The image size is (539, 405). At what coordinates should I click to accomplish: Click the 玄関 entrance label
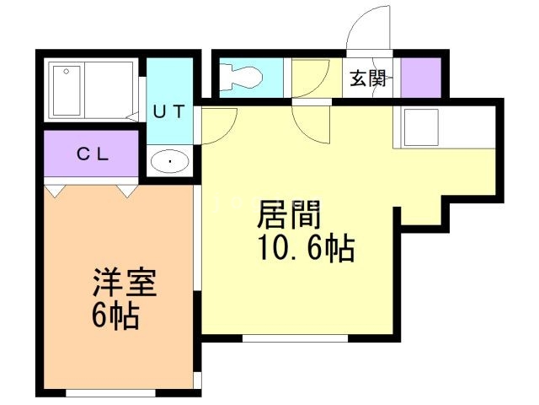[x=369, y=80]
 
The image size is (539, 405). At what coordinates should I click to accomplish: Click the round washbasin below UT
[x=171, y=159]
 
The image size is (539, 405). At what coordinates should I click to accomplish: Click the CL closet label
[x=91, y=154]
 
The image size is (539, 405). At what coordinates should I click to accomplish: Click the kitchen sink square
[x=419, y=128]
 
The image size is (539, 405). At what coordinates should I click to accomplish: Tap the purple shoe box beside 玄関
[x=421, y=78]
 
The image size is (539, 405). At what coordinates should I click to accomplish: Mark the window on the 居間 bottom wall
[x=295, y=337]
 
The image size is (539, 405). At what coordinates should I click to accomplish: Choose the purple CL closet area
[x=91, y=154]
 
